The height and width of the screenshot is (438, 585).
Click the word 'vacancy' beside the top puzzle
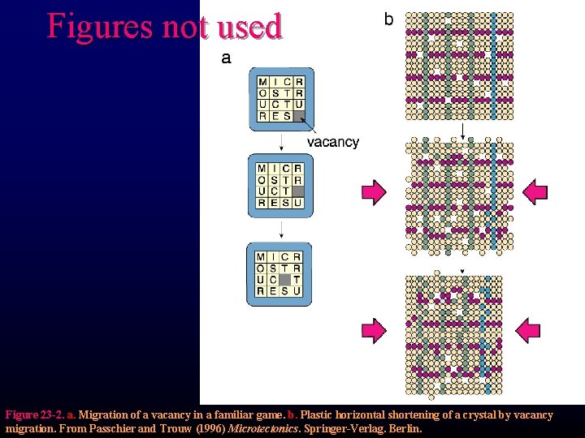[x=332, y=142]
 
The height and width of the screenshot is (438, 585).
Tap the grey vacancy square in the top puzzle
[x=298, y=116]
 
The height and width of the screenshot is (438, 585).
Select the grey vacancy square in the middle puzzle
[x=297, y=191]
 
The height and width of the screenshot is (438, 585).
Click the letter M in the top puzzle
[x=263, y=82]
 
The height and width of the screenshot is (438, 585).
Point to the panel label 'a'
[x=226, y=58]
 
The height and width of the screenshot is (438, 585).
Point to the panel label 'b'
[x=388, y=19]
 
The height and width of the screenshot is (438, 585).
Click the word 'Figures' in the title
[x=98, y=26]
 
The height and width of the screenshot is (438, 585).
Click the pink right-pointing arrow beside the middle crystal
[x=374, y=191]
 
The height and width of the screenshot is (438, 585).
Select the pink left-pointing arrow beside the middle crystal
[x=535, y=191]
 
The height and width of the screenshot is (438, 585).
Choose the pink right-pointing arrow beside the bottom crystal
[x=374, y=328]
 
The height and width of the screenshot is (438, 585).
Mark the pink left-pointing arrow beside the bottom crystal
[x=528, y=328]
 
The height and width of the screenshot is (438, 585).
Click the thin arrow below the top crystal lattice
[x=461, y=131]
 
